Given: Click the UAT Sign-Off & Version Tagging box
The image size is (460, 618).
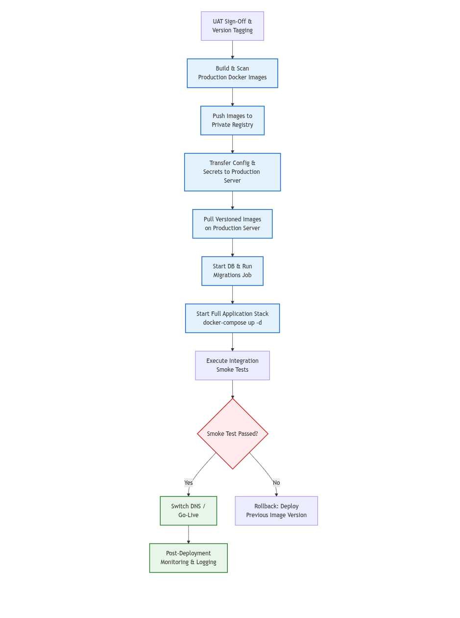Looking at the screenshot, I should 232,26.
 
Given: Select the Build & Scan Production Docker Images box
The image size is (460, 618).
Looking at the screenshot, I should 232,73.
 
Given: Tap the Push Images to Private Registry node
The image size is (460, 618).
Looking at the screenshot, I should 232,120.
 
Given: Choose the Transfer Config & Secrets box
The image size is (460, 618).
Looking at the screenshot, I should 232,172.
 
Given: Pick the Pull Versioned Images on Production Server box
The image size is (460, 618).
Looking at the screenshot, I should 232,224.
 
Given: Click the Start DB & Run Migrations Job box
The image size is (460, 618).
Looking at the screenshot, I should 232,271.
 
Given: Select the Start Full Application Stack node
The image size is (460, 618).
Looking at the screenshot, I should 232,318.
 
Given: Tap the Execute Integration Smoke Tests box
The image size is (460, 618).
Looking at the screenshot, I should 232,365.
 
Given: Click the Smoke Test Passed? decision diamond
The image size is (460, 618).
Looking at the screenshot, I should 232,434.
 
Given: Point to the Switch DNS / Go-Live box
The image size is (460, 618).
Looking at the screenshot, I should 188,511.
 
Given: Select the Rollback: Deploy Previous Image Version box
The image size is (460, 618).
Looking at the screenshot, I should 276,511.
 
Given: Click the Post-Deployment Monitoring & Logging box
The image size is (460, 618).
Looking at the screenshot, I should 188,558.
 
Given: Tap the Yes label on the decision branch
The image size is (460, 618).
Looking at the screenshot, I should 189,483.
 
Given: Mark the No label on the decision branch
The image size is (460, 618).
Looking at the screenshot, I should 276,483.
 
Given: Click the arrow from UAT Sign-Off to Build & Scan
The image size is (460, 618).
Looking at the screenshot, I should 232,49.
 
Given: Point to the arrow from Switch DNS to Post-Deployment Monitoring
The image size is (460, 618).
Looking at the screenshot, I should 188,534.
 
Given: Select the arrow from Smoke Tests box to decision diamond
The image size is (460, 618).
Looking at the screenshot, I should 232,389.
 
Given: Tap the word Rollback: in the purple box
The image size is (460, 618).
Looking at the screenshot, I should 265,506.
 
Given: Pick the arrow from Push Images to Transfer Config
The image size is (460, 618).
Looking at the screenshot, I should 232,144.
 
